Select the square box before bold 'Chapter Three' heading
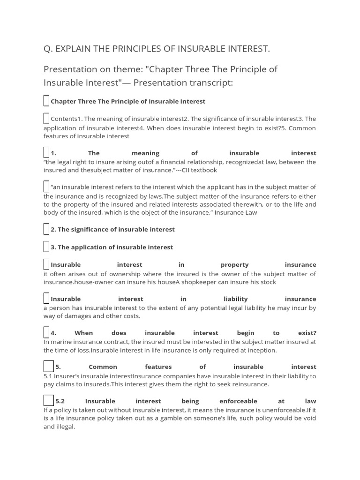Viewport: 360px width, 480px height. [46, 101]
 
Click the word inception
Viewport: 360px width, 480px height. [260, 350]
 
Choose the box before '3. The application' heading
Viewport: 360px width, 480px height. [46, 247]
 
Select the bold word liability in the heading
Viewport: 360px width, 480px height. [235, 299]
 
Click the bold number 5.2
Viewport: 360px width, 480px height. [60, 401]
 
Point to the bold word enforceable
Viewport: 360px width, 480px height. [238, 401]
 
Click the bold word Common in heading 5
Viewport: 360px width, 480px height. [103, 367]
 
